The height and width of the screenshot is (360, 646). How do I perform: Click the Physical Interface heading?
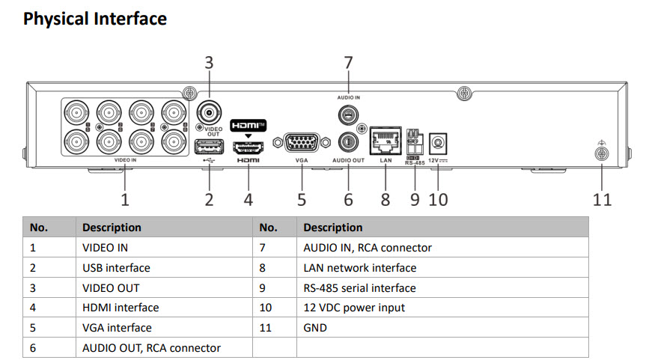pos(95,19)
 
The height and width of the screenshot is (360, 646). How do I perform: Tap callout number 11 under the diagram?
pos(602,200)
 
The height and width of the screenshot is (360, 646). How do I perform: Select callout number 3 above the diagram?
pos(209,63)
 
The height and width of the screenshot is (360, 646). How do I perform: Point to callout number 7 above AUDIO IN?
pos(348,63)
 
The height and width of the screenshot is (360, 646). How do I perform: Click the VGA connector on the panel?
pos(302,142)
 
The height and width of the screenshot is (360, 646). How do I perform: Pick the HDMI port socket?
pos(248,146)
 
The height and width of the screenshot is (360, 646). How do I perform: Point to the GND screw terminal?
pos(600,155)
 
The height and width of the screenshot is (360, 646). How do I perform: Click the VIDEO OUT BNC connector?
pos(209,114)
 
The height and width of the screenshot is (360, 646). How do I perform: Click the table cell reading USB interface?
pos(116,267)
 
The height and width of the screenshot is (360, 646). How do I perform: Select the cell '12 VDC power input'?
pos(354,308)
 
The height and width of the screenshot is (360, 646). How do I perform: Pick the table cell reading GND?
pos(315,328)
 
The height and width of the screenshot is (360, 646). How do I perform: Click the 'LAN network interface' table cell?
pos(360,267)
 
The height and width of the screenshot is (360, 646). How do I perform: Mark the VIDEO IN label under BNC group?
pos(125,160)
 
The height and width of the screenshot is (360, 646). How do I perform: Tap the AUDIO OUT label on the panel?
pos(348,160)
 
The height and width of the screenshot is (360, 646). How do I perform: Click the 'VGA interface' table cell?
pos(117,328)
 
